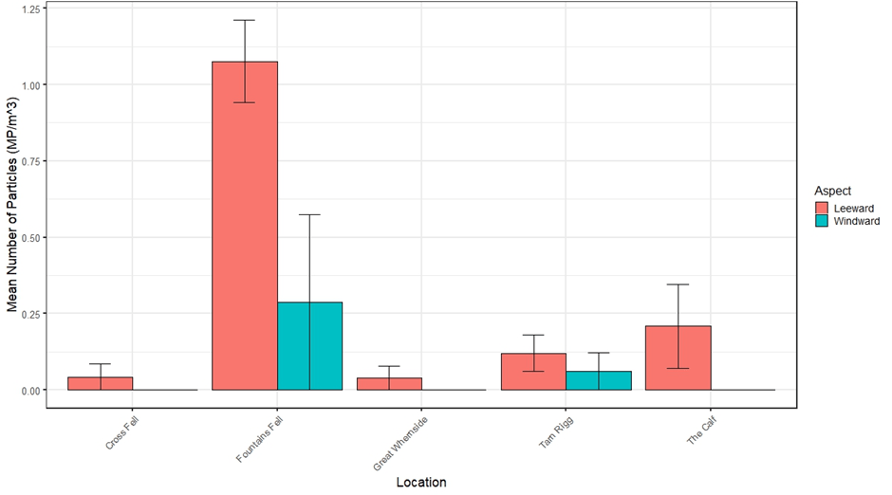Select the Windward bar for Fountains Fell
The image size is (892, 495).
pos(309,346)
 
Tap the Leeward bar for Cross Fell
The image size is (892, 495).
pos(101,383)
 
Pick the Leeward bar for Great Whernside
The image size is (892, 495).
pos(389,384)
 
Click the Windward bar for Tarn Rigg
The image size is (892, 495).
pos(598,380)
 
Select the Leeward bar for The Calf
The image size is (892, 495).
pos(678,357)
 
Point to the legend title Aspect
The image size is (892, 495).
pos(833,190)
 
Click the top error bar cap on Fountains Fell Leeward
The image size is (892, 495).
pos(245,20)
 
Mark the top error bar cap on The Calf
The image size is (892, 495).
pos(678,284)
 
